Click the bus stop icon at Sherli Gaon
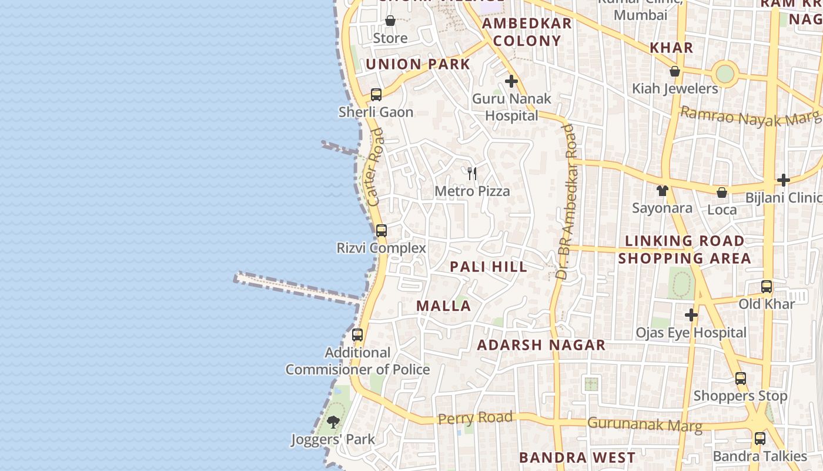coord(376,94)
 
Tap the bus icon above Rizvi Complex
coord(382,230)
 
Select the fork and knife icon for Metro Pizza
coord(471,173)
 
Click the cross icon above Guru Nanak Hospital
coord(511,81)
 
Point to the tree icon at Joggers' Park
coord(333,422)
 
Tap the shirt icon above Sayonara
coord(663,190)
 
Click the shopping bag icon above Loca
coord(722,192)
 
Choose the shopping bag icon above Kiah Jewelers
coord(675,71)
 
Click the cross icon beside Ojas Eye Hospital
coord(691,315)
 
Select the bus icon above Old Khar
coord(767,287)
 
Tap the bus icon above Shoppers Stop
coord(741,378)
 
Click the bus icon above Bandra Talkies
coord(760,438)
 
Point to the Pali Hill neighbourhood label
coord(489,267)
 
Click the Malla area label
coord(444,306)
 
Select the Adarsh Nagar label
coord(541,345)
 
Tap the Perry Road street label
coord(476,418)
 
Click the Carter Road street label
coord(375,167)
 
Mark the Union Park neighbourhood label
coord(418,64)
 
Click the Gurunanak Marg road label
coord(645,424)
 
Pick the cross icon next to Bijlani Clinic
coord(783,180)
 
